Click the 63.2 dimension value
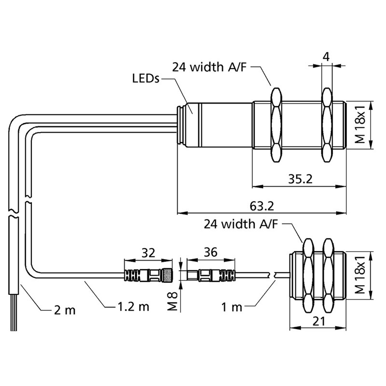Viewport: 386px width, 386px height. click(x=262, y=206)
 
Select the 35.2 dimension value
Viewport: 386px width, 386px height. click(x=300, y=179)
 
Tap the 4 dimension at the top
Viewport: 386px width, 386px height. click(x=326, y=56)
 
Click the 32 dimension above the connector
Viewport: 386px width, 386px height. click(x=149, y=252)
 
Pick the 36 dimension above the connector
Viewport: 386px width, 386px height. click(x=210, y=252)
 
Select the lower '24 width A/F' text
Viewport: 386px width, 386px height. click(x=241, y=224)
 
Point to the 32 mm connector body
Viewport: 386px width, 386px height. click(x=149, y=276)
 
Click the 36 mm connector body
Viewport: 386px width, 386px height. click(x=210, y=276)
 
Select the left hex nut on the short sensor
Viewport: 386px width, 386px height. click(x=308, y=276)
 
